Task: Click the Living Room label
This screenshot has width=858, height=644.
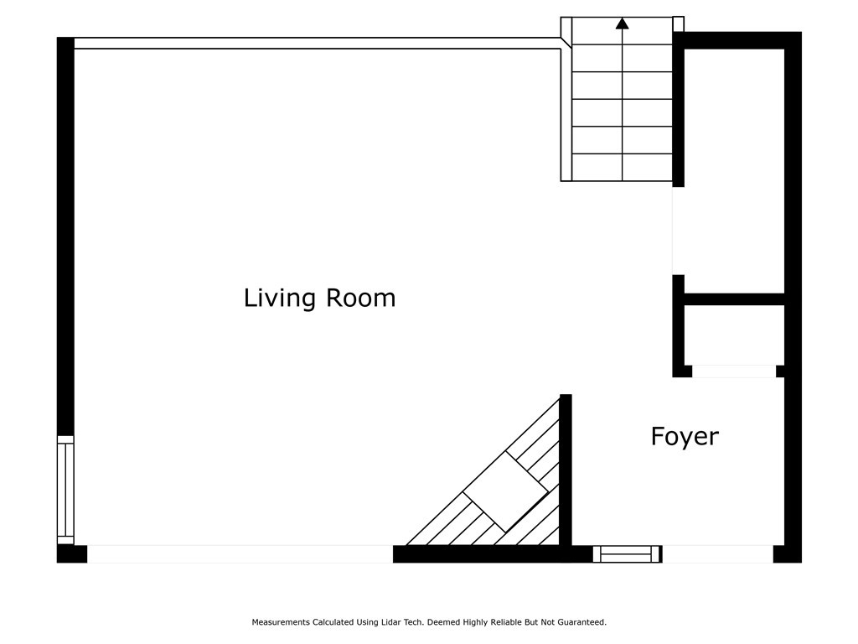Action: pos(319,299)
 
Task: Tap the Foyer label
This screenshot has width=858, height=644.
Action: pos(685,437)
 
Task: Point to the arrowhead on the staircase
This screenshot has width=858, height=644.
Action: pos(623,23)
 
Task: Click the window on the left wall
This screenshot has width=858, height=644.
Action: pos(65,490)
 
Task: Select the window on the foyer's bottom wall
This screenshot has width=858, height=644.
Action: pos(628,554)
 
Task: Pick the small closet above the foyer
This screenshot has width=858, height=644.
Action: pos(734,335)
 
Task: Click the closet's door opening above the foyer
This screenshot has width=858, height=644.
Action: pos(734,371)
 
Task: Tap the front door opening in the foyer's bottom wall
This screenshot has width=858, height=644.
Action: pos(718,554)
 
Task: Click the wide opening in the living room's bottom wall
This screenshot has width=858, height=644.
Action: pos(240,554)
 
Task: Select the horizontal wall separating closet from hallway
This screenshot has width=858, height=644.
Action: pos(734,299)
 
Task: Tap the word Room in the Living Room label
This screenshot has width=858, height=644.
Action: pos(361,299)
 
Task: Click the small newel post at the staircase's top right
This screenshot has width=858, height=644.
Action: pos(678,24)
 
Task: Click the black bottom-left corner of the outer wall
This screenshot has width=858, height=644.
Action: pos(72,554)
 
